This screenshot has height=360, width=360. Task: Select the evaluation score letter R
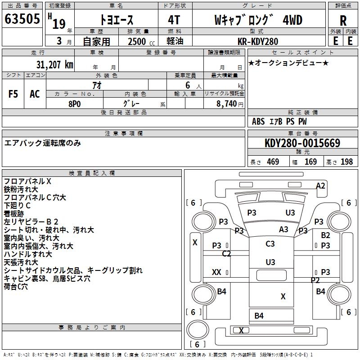click(343, 21)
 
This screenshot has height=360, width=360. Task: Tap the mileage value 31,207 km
click(54, 65)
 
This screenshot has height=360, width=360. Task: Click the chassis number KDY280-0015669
click(302, 144)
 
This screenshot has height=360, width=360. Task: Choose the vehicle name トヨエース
click(116, 21)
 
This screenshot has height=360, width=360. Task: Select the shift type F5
click(13, 94)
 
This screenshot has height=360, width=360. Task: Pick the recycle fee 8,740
click(229, 103)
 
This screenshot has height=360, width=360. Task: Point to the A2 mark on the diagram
click(320, 185)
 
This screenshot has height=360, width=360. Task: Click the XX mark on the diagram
click(216, 272)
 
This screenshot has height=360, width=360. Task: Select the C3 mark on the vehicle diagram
click(270, 244)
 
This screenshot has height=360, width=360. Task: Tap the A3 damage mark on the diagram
click(283, 229)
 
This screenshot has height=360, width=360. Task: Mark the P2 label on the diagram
click(315, 280)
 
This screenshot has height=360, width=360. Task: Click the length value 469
click(273, 162)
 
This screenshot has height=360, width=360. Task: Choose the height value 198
click(347, 162)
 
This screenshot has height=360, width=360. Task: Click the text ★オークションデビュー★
click(288, 63)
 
